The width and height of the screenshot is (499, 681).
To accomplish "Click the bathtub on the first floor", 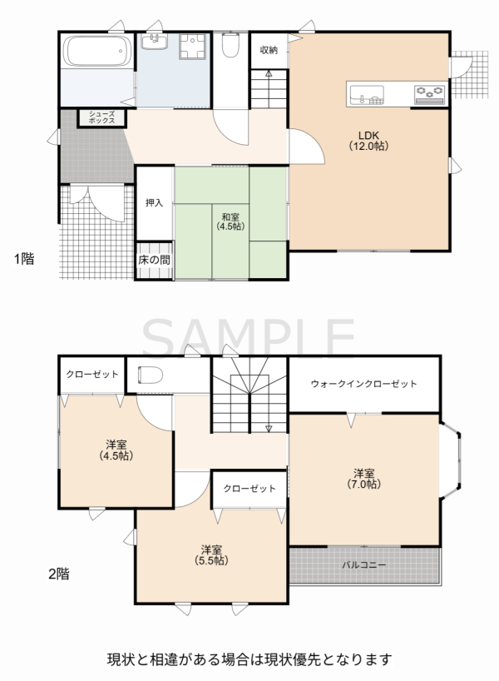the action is pyautogui.click(x=97, y=52).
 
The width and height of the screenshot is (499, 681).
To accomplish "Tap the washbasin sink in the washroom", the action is pyautogui.click(x=155, y=42).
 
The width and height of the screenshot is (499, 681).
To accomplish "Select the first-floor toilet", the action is pyautogui.click(x=230, y=45).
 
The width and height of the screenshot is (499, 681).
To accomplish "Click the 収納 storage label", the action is pyautogui.click(x=269, y=51).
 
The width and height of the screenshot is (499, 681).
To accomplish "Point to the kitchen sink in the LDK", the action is pyautogui.click(x=367, y=95).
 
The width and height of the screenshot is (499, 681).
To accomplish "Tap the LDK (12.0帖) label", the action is pyautogui.click(x=368, y=141).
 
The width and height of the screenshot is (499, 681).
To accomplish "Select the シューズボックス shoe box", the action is pyautogui.click(x=102, y=117).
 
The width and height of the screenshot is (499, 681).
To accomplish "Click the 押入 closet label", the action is pyautogui.click(x=155, y=203).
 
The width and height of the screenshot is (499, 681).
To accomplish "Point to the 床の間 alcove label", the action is pyautogui.click(x=155, y=260).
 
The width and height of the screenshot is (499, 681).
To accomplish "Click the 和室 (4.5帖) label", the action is pyautogui.click(x=230, y=221).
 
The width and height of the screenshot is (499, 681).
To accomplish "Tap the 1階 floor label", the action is pyautogui.click(x=24, y=259).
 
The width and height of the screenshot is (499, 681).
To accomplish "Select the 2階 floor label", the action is pyautogui.click(x=58, y=574).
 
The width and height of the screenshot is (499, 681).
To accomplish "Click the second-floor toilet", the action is pyautogui.click(x=151, y=375).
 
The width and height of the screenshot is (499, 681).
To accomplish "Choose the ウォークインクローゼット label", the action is pyautogui.click(x=364, y=384).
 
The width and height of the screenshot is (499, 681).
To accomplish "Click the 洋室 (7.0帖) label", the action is pyautogui.click(x=364, y=479).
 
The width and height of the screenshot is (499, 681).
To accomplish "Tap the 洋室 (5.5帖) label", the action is pyautogui.click(x=212, y=555).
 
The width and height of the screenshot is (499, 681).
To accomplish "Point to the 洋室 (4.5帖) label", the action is pyautogui.click(x=116, y=450).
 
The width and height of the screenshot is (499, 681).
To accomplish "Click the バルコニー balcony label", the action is pyautogui.click(x=364, y=565).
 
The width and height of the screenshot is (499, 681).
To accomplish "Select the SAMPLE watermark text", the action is pyautogui.click(x=249, y=337).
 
